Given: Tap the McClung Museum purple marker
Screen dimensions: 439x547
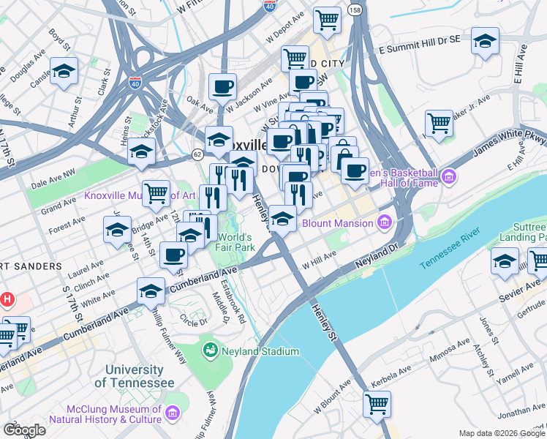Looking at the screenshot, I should pyautogui.click(x=173, y=415).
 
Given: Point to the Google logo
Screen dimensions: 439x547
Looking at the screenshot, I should pyautogui.click(x=24, y=430).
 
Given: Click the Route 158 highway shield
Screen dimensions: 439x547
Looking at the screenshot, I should pyautogui.click(x=355, y=11).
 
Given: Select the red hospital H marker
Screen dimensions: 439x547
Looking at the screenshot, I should pyautogui.click(x=7, y=299).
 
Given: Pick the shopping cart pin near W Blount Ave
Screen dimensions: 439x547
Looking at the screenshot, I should pyautogui.click(x=377, y=403).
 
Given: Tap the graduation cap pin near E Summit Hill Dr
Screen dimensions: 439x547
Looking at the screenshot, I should pyautogui.click(x=485, y=42).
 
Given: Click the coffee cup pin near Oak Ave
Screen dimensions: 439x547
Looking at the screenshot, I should pyautogui.click(x=222, y=87).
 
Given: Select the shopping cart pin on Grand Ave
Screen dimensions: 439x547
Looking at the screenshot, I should pyautogui.click(x=156, y=194).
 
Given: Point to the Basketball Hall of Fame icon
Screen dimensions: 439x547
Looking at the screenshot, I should pyautogui.click(x=448, y=176).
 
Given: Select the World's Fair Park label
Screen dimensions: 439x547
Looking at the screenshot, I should pyautogui.click(x=234, y=243).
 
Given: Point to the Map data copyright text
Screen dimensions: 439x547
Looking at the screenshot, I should pyautogui.click(x=502, y=432).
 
